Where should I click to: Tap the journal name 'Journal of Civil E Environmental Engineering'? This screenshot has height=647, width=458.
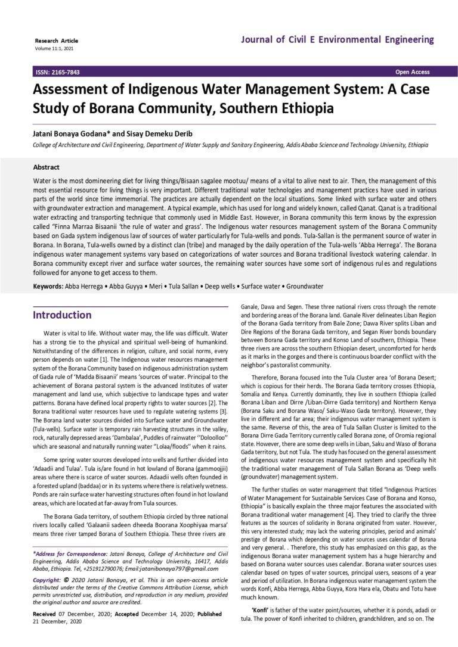pyautogui.click(x=338, y=40)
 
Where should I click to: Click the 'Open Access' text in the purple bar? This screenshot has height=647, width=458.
pyautogui.click(x=412, y=72)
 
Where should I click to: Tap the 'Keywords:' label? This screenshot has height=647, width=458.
pyautogui.click(x=48, y=287)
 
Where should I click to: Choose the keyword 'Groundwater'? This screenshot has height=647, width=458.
pyautogui.click(x=302, y=287)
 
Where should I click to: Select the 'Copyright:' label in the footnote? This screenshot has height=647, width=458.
pyautogui.click(x=49, y=579)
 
